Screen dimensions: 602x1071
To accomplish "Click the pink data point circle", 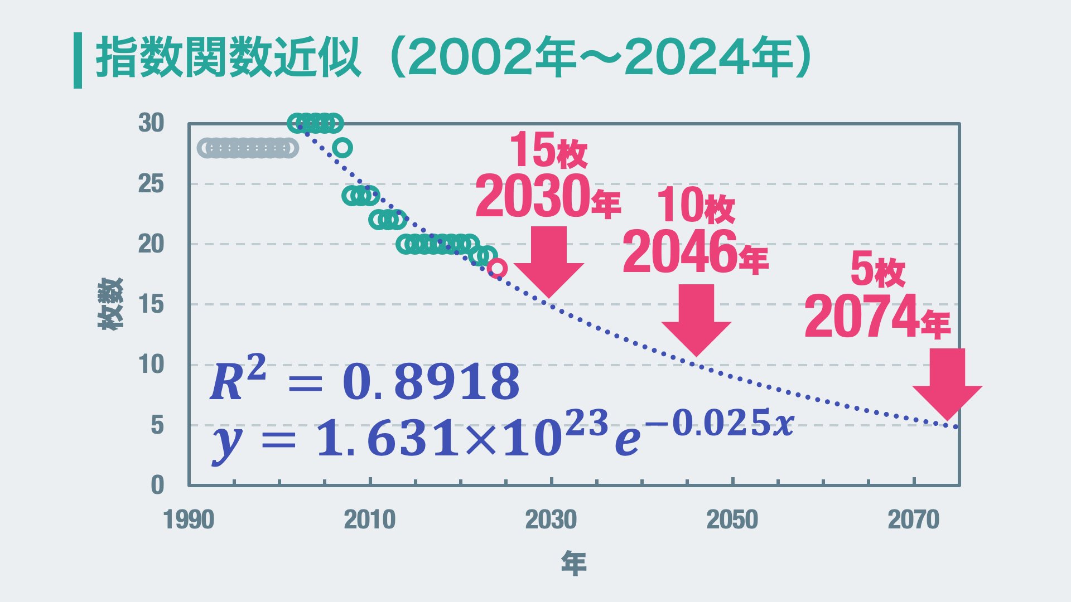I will point(497,268).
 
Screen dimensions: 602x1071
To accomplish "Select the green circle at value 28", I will point(342,148).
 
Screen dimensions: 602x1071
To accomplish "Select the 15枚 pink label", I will point(548,151).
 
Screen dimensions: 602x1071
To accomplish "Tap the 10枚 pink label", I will point(696,205).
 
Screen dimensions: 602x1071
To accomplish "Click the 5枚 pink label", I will point(877,270).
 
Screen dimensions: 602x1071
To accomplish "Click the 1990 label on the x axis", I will point(189,520).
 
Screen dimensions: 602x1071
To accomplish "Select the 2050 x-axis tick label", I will point(732,520).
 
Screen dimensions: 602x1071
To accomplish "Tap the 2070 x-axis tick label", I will point(913,520).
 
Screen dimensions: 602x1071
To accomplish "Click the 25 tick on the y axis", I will point(151,184).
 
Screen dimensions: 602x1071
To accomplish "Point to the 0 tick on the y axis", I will point(157,485).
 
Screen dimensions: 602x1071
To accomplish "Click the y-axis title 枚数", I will point(110,304).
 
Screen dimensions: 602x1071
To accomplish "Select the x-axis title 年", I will point(573,564).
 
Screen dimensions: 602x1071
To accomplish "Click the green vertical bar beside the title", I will point(78,60).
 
